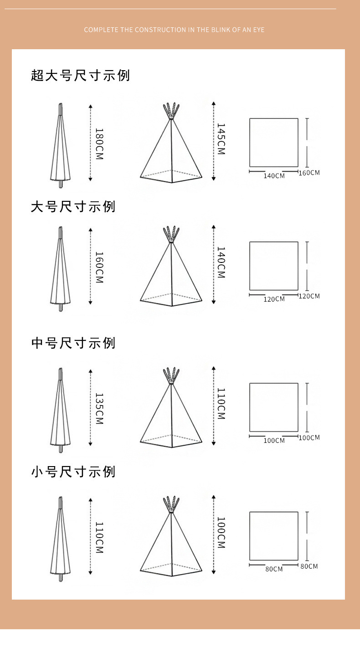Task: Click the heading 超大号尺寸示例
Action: pyautogui.click(x=80, y=75)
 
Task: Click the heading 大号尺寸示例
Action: pyautogui.click(x=73, y=207)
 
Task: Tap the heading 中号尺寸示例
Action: pyautogui.click(x=73, y=343)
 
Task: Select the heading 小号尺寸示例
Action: pyautogui.click(x=73, y=472)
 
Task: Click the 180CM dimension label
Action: pyautogui.click(x=99, y=144)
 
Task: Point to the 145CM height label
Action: pyautogui.click(x=221, y=139)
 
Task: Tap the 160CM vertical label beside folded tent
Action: pyautogui.click(x=99, y=267)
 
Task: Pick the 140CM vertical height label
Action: pyautogui.click(x=221, y=262)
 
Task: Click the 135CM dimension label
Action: pyautogui.click(x=99, y=408)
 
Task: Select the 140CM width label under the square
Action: pyautogui.click(x=274, y=176)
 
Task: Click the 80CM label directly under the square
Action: pyautogui.click(x=274, y=569)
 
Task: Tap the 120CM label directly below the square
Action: pyautogui.click(x=274, y=299)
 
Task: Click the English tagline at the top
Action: pyautogui.click(x=174, y=30)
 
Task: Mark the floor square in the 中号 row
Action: pyautogui.click(x=274, y=407)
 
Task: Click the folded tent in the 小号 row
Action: pyautogui.click(x=60, y=539)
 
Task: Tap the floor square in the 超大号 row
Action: pyautogui.click(x=274, y=142)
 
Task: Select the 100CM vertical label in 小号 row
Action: pyautogui.click(x=221, y=532)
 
